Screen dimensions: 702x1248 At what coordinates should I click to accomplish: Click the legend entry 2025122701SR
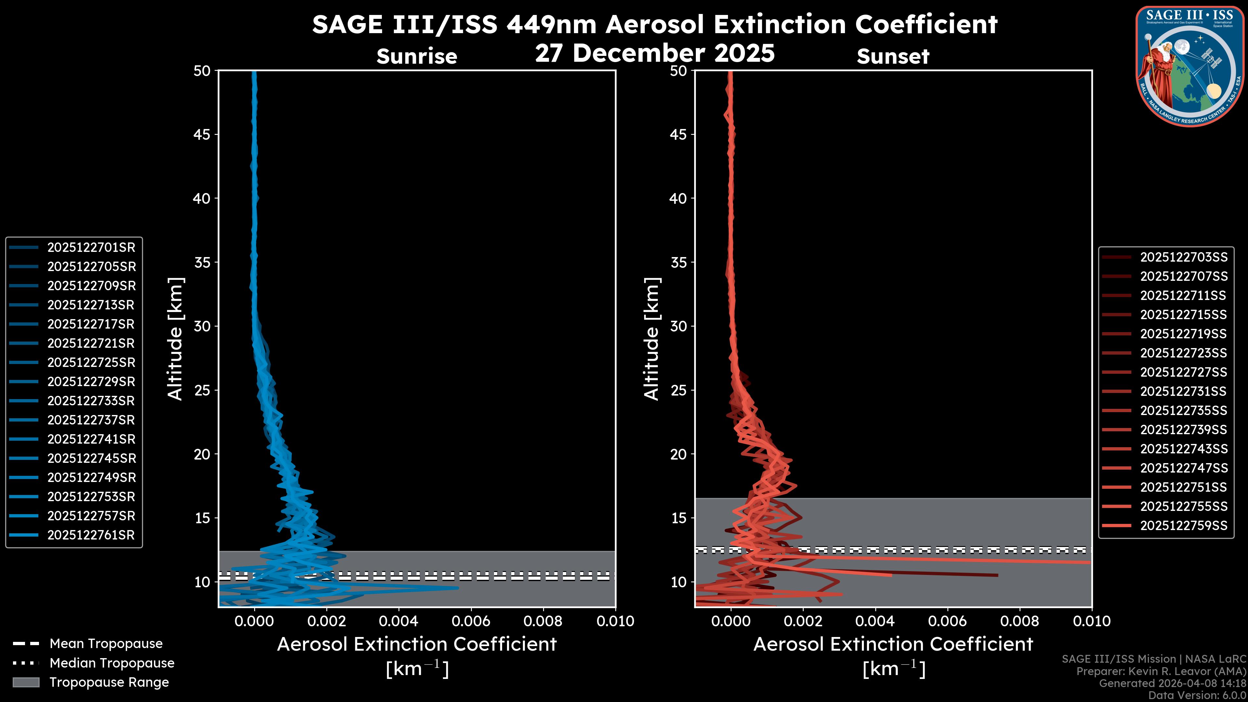point(91,248)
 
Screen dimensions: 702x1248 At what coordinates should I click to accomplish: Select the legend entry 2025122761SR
point(91,535)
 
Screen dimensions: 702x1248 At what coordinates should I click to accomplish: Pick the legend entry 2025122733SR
point(91,401)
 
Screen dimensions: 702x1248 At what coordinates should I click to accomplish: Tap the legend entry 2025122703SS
point(1184,257)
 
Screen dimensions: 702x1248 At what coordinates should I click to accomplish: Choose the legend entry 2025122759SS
point(1184,526)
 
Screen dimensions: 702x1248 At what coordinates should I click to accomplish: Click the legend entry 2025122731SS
point(1184,391)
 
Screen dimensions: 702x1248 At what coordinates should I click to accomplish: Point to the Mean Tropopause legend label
point(106,644)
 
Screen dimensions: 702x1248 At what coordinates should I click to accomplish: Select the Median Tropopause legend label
point(112,663)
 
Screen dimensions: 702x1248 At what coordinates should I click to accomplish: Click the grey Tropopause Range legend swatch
point(26,682)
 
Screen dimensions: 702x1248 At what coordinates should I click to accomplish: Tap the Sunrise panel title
point(417,57)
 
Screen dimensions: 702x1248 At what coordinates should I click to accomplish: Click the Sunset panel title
point(893,57)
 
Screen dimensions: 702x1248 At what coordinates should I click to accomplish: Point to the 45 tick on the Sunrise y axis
point(202,135)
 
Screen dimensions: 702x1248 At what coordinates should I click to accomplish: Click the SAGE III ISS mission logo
point(1190,66)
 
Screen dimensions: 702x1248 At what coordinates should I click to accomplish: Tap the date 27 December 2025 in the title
point(655,53)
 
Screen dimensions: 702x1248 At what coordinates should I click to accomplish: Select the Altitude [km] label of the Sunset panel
point(652,339)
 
